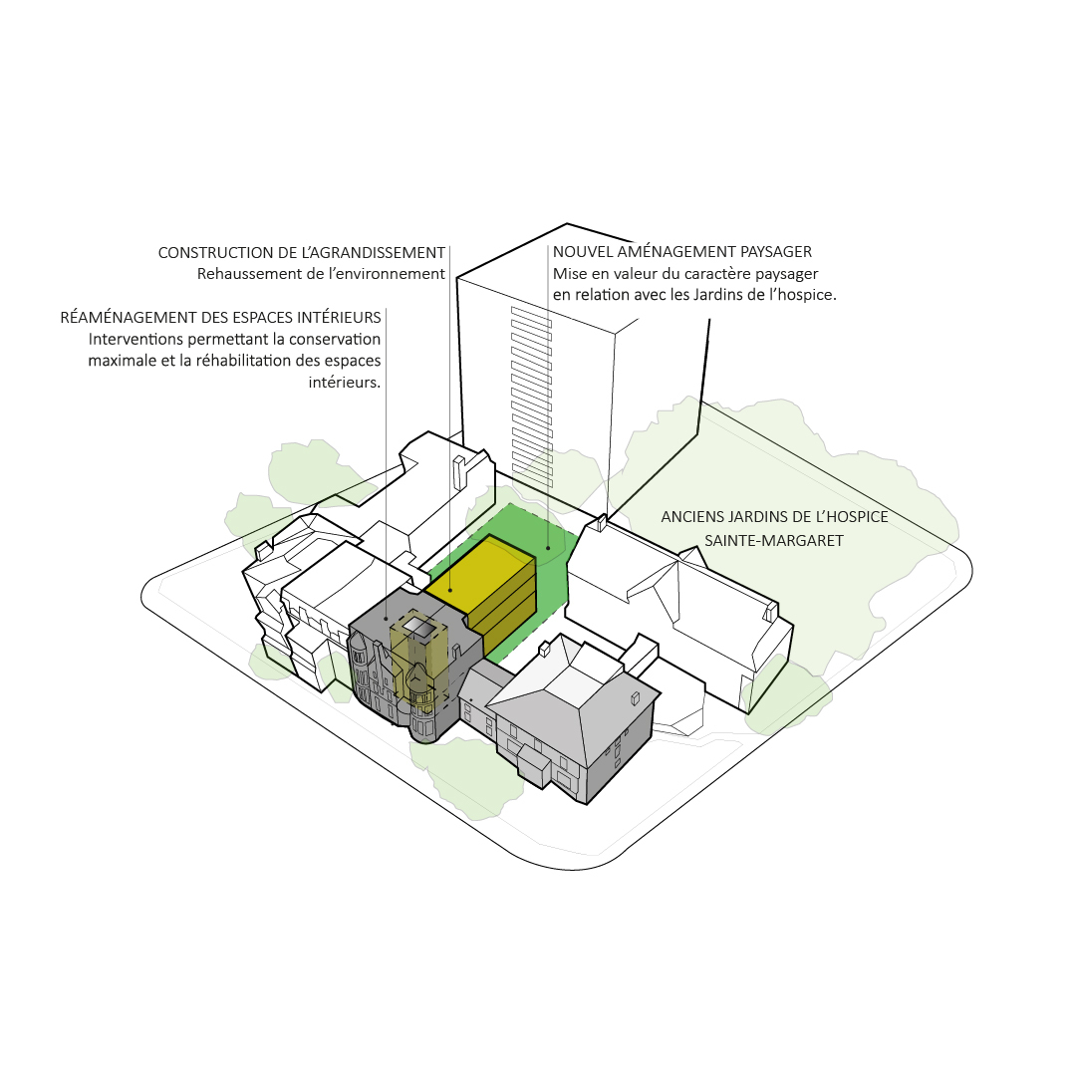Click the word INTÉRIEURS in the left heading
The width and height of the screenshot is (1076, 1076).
(339, 318)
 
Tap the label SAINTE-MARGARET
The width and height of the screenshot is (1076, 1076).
(774, 541)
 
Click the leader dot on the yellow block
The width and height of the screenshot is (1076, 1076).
(450, 590)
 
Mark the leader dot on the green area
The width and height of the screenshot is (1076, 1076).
(548, 548)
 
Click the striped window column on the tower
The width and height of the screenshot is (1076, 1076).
(532, 398)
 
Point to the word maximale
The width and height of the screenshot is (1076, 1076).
(123, 361)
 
